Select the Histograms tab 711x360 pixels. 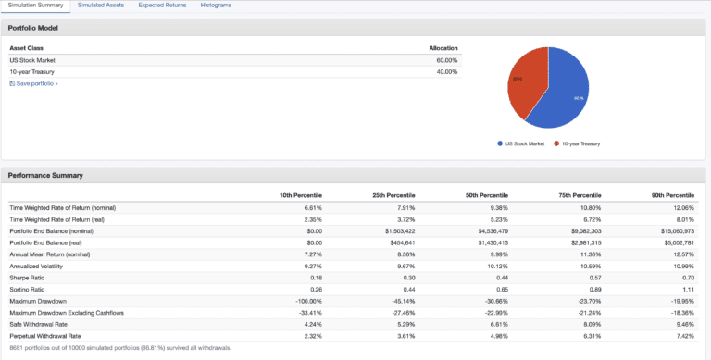point(216,6)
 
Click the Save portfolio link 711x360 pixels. point(35,83)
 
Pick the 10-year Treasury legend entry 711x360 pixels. point(579,143)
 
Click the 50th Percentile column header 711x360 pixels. point(485,195)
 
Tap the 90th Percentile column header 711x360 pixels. point(672,195)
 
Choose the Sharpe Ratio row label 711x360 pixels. point(28,277)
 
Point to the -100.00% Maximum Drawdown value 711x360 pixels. point(306,300)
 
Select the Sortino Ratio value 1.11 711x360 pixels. point(686,288)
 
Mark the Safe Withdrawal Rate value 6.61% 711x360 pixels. point(497,323)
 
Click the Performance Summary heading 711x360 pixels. point(45,174)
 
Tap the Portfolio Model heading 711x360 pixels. point(34,28)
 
